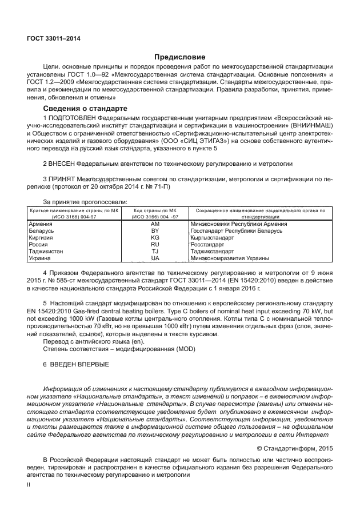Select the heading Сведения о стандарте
click(x=85, y=109)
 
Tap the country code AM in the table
click(x=155, y=224)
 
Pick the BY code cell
click(x=155, y=230)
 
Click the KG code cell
click(x=155, y=237)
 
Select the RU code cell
click(x=155, y=244)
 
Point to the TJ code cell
click(x=155, y=251)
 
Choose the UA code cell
click(x=155, y=258)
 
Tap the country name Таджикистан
click(x=46, y=251)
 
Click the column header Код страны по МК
click(x=155, y=210)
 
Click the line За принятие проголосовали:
click(x=85, y=201)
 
